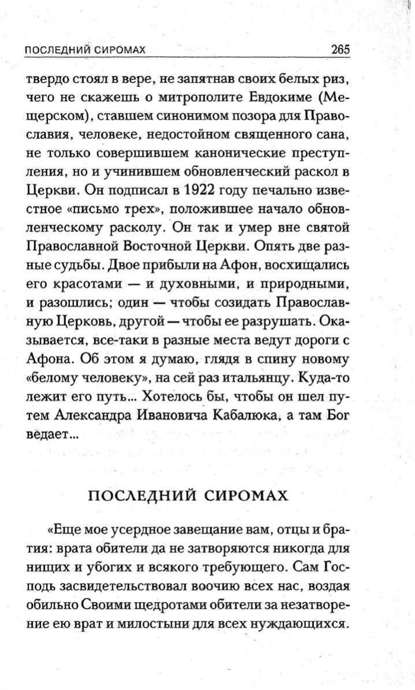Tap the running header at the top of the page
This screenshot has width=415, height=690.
84,50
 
